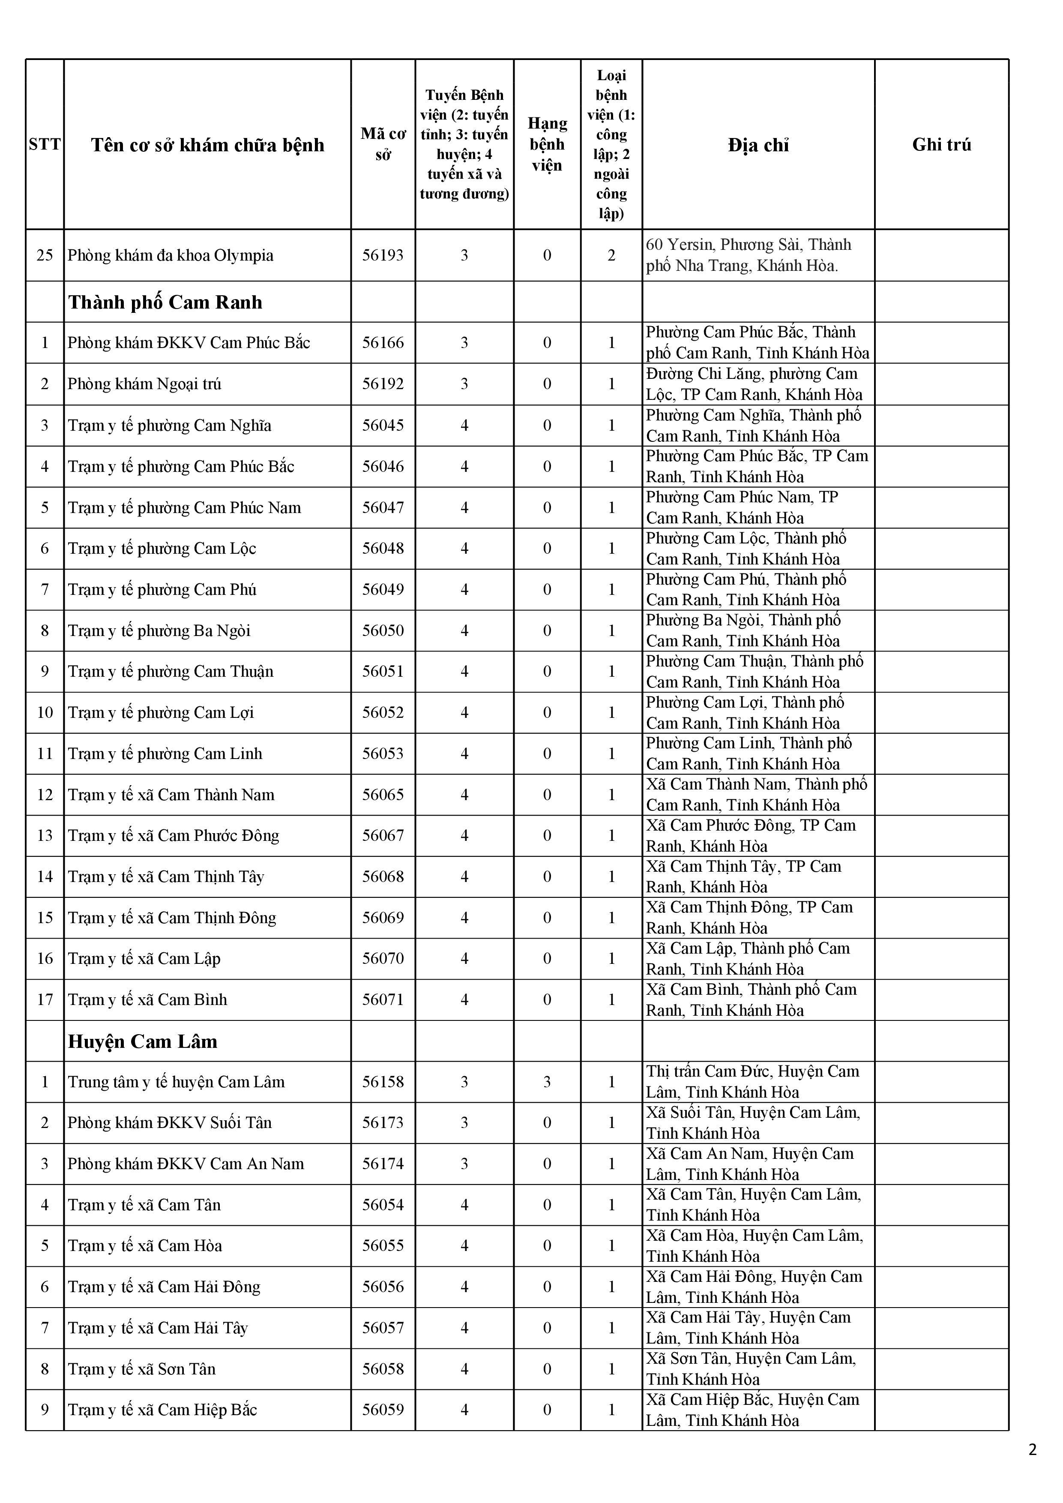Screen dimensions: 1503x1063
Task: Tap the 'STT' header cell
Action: [45, 145]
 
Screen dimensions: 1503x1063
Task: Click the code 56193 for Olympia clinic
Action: [383, 255]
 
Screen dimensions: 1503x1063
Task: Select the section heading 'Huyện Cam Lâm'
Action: [142, 1041]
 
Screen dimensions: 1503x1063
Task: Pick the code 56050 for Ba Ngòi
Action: [383, 630]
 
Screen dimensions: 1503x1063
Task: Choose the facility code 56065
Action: [383, 795]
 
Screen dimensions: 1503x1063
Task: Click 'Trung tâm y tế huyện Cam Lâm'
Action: [176, 1082]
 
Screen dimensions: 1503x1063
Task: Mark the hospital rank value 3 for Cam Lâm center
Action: [547, 1082]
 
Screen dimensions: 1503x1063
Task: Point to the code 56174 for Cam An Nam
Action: [383, 1164]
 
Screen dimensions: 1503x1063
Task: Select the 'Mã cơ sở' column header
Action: [383, 145]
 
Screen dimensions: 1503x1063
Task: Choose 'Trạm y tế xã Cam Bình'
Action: [147, 999]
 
